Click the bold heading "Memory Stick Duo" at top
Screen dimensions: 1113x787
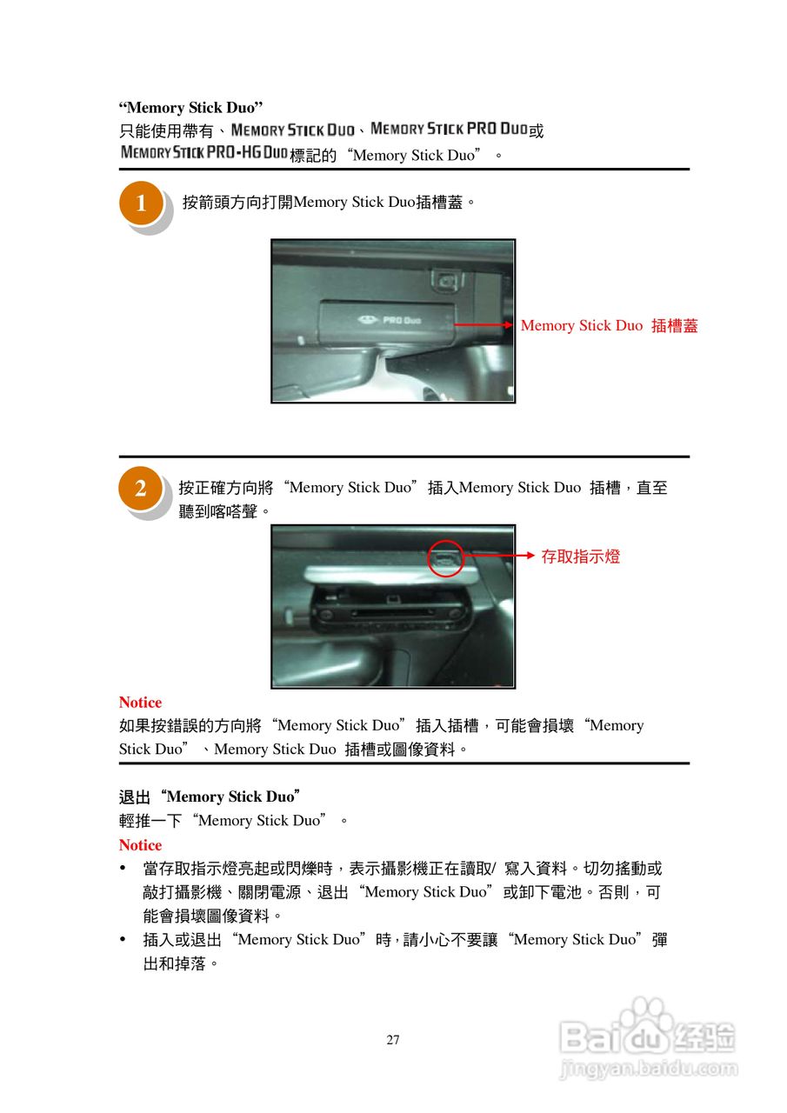tap(191, 108)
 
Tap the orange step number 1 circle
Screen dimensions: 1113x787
tap(141, 204)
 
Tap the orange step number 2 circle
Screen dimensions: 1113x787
tap(140, 489)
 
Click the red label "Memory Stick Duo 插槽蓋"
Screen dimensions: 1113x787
tap(609, 326)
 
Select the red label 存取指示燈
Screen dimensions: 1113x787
tap(580, 556)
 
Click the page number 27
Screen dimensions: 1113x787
tap(393, 1040)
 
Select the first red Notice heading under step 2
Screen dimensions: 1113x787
tap(140, 703)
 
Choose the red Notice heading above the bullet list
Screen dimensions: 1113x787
tap(140, 845)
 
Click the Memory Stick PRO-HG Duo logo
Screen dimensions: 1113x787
tap(203, 153)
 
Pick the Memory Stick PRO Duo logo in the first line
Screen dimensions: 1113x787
tap(449, 129)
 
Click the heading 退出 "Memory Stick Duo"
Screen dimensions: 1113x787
tap(210, 796)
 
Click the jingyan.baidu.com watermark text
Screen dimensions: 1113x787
tap(648, 1069)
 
